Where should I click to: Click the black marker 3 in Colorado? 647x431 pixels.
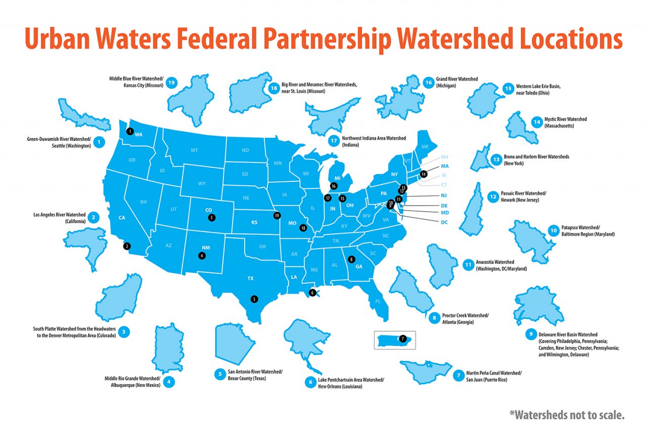[x=211, y=217]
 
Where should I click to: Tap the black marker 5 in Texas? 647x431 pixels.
[x=254, y=299]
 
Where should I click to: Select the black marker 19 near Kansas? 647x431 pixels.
[x=276, y=215]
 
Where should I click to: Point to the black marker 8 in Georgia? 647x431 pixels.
[x=352, y=260]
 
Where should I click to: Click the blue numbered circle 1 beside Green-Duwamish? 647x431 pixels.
[x=100, y=142]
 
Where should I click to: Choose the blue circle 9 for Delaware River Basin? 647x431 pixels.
[x=530, y=333]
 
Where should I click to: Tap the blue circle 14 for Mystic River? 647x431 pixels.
[x=536, y=122]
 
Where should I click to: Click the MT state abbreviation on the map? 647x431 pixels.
[x=195, y=151]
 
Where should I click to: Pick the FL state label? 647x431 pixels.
[x=378, y=302]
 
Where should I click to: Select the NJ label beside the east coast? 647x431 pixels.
[x=444, y=196]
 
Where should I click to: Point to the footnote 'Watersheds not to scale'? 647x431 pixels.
[x=567, y=415]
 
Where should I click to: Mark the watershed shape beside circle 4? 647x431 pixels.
[x=167, y=348]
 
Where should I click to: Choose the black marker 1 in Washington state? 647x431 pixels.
[x=130, y=131]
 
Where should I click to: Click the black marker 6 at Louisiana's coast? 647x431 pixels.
[x=312, y=292]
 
